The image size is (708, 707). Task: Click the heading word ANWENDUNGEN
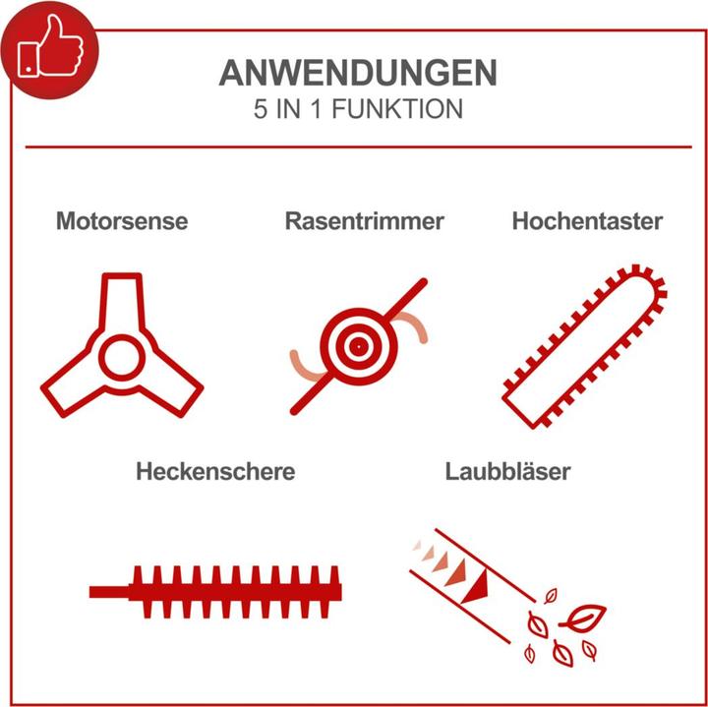point(357,74)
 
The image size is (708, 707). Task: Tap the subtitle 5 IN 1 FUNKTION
point(357,109)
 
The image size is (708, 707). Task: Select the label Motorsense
point(121,221)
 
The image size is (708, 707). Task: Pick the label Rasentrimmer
point(364,221)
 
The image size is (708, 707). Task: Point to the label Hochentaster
point(587,221)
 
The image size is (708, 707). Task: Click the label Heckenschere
point(215,471)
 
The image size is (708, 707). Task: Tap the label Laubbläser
point(507,471)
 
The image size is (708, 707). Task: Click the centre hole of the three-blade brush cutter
point(121,357)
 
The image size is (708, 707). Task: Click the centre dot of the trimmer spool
point(357,346)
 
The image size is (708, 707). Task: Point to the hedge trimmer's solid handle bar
point(109,591)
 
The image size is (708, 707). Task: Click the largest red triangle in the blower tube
point(477,588)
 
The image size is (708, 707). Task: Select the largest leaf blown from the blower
point(582,617)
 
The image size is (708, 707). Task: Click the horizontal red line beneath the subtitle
point(357,147)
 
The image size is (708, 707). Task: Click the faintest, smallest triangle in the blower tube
point(417,544)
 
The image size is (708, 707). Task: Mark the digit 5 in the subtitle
point(260,109)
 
